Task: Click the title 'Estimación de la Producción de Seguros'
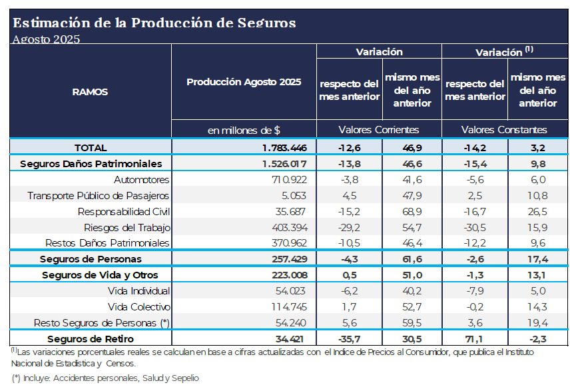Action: coord(154,22)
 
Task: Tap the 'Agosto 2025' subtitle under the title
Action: coord(46,39)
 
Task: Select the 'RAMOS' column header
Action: coord(90,92)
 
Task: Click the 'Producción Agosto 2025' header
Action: coord(244,82)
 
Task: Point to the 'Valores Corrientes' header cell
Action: coord(378,129)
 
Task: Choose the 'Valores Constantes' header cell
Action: coord(504,129)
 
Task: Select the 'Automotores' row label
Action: coord(142,179)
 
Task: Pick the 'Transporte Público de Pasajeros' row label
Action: coord(99,195)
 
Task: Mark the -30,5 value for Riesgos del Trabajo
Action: coord(475,227)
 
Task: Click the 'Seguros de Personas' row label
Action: coord(91,258)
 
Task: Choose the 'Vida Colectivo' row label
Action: coord(139,306)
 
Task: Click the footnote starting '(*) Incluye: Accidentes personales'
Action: coord(105,378)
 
